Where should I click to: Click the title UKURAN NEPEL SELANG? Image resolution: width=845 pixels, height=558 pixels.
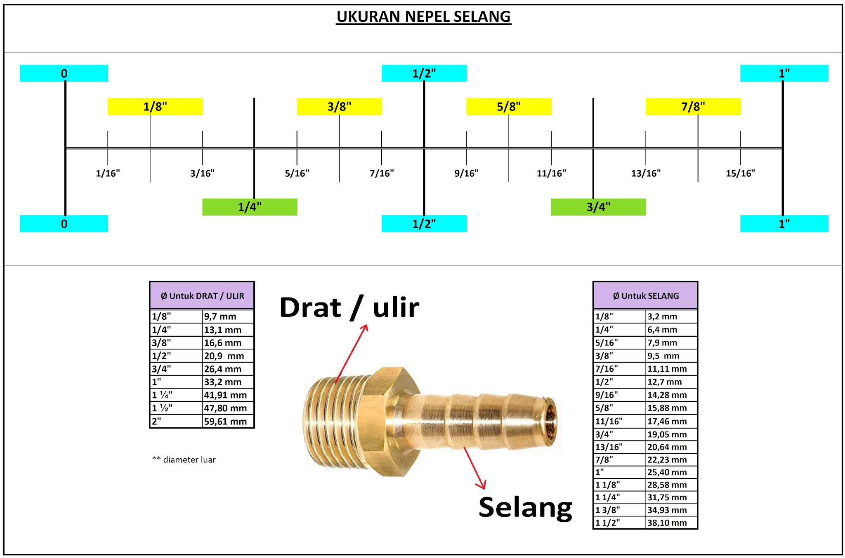[423, 16]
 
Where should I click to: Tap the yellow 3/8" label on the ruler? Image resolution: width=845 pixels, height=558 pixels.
[339, 107]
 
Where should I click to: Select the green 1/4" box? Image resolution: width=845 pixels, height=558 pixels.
[250, 207]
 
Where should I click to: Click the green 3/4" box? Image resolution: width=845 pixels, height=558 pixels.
[598, 207]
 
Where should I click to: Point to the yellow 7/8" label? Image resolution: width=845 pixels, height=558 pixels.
[693, 107]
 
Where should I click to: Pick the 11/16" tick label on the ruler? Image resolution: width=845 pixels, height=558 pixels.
[551, 173]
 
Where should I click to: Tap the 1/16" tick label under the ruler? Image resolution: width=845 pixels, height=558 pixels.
[108, 173]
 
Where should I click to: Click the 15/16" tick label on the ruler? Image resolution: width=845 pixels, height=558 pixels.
[740, 173]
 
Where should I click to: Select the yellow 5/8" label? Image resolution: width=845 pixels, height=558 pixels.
[509, 107]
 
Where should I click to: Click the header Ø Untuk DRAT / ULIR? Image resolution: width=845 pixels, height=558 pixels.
[202, 295]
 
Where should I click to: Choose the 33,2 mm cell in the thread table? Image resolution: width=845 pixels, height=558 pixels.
[222, 382]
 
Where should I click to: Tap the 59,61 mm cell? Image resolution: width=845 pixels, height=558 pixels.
[225, 421]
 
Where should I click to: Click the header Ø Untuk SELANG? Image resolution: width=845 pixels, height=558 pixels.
[646, 295]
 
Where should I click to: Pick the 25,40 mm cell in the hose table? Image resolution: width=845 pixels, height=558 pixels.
[667, 472]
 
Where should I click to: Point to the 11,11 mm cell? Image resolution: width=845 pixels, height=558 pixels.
[667, 369]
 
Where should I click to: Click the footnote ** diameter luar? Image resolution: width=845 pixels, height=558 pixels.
[184, 460]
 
